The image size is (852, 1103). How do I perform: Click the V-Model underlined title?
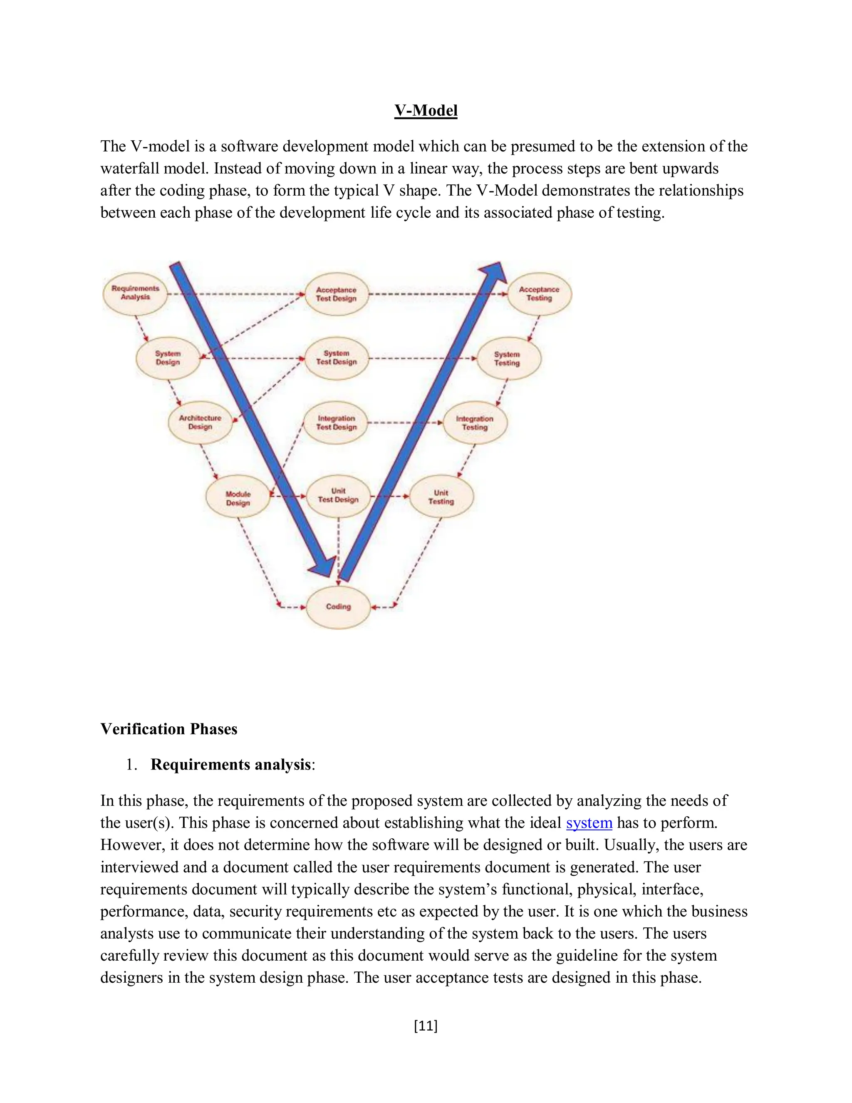[426, 111]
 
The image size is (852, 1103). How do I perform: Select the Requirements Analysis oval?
[135, 293]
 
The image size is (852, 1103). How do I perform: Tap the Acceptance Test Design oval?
[337, 294]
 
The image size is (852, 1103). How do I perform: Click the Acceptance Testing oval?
[539, 294]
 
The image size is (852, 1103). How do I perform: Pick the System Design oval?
[168, 358]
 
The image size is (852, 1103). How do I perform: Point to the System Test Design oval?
[337, 358]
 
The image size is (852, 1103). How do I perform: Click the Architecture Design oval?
[201, 422]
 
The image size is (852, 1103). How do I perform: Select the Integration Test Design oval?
[337, 423]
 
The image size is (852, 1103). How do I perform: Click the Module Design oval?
[238, 499]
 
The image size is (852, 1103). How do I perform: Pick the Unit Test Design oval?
[338, 495]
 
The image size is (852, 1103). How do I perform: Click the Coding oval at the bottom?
[338, 606]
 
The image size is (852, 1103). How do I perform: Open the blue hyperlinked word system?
[589, 823]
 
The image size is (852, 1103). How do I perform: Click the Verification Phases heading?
[168, 729]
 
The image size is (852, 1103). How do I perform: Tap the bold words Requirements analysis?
[230, 765]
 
